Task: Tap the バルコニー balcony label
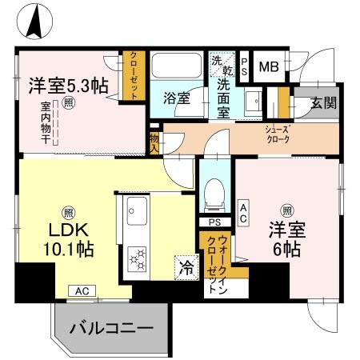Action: [x=110, y=328]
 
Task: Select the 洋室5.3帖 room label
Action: [x=69, y=86]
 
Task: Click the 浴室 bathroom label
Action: [x=177, y=99]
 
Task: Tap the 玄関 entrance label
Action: [x=324, y=102]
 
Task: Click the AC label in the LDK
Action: [x=82, y=291]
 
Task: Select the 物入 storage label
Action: [x=154, y=142]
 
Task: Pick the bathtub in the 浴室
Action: [x=178, y=70]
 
